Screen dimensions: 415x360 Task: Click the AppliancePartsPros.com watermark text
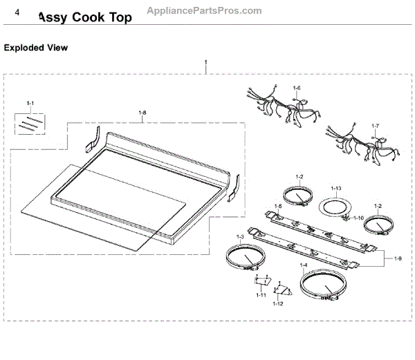205,10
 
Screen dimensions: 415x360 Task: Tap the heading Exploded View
36,48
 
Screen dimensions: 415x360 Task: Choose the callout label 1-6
297,88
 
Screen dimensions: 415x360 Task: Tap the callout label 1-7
376,126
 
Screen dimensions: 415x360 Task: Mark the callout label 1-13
337,189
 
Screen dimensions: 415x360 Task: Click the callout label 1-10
358,218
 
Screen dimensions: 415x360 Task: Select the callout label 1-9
398,258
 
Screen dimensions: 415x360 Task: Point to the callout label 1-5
277,206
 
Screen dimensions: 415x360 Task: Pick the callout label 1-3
240,237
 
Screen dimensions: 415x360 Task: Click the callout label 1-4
303,265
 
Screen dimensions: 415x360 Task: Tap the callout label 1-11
261,295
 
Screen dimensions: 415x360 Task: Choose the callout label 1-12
277,303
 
